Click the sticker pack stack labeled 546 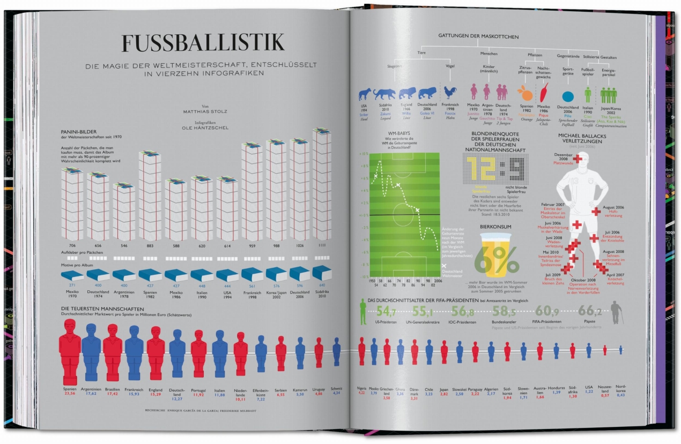[124, 212]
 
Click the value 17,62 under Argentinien [91, 394]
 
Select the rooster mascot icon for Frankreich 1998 [449, 93]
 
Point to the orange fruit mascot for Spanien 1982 [527, 95]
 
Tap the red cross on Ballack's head [578, 159]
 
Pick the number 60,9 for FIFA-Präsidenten [547, 311]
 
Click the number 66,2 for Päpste [590, 311]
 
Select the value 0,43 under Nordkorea [620, 395]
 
